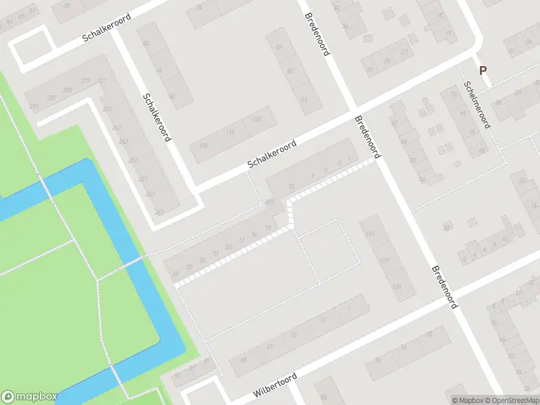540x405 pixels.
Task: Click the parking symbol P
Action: pyautogui.click(x=483, y=70)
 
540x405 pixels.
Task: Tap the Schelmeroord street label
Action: pyautogui.click(x=477, y=105)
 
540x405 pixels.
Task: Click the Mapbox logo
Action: pyautogui.click(x=30, y=397)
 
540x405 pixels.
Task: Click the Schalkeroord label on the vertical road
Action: pyautogui.click(x=157, y=117)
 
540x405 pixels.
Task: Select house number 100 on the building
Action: pyautogui.click(x=204, y=146)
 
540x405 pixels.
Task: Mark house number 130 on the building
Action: pyautogui.click(x=256, y=119)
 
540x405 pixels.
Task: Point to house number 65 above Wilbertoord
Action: pyautogui.click(x=178, y=375)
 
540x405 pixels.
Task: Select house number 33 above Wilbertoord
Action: pyautogui.click(x=294, y=334)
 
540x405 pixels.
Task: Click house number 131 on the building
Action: pyautogui.click(x=396, y=287)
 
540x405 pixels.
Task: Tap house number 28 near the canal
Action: pyautogui.click(x=175, y=273)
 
